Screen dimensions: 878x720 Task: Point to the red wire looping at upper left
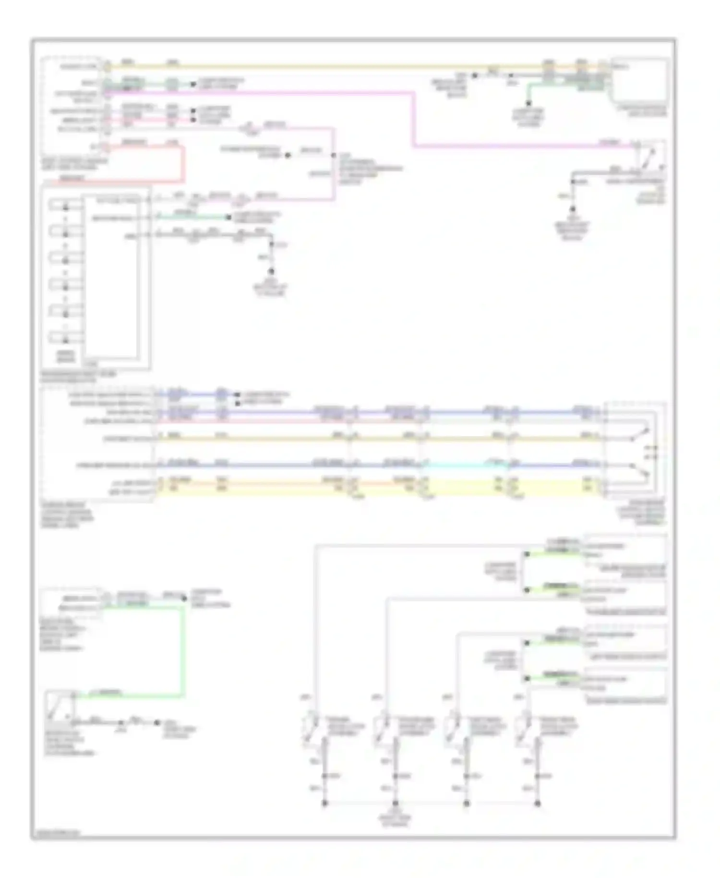point(182,163)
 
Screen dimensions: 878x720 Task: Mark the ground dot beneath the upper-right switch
point(572,209)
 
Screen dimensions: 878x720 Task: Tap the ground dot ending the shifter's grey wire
point(271,271)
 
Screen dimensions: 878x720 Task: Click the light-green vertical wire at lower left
point(183,648)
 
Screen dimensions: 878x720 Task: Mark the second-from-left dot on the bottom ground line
point(396,804)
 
